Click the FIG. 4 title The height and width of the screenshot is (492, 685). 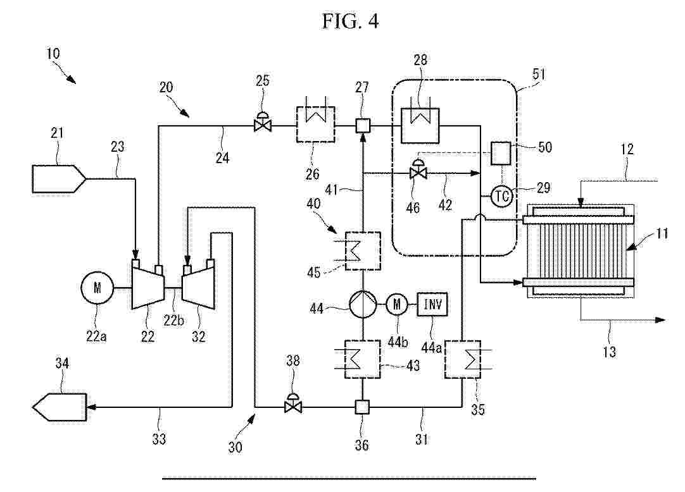click(x=349, y=22)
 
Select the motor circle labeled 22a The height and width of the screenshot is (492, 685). click(x=97, y=288)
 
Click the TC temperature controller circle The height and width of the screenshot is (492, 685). click(x=501, y=197)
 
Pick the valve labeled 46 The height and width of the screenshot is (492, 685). click(x=417, y=171)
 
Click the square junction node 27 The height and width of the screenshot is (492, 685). click(x=362, y=126)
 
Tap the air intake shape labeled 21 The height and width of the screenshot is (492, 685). click(x=58, y=178)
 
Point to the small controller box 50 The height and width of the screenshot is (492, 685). click(x=501, y=152)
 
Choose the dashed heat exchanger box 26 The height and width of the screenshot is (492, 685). click(x=315, y=126)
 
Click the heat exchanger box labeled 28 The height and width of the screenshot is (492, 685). click(x=420, y=126)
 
